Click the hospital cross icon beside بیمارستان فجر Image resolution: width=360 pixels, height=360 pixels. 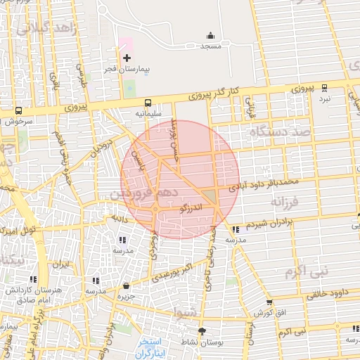pyautogui.click(x=127, y=58)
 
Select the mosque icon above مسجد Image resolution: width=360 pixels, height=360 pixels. pyautogui.click(x=210, y=36)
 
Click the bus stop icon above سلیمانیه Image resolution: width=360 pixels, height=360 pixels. pyautogui.click(x=148, y=103)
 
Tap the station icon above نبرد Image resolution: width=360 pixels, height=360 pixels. pyautogui.click(x=324, y=88)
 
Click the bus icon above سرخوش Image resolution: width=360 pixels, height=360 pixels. pyautogui.click(x=18, y=110)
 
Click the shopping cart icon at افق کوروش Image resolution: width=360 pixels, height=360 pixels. pyautogui.click(x=269, y=302)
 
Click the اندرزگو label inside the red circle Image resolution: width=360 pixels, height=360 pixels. pyautogui.click(x=191, y=209)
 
